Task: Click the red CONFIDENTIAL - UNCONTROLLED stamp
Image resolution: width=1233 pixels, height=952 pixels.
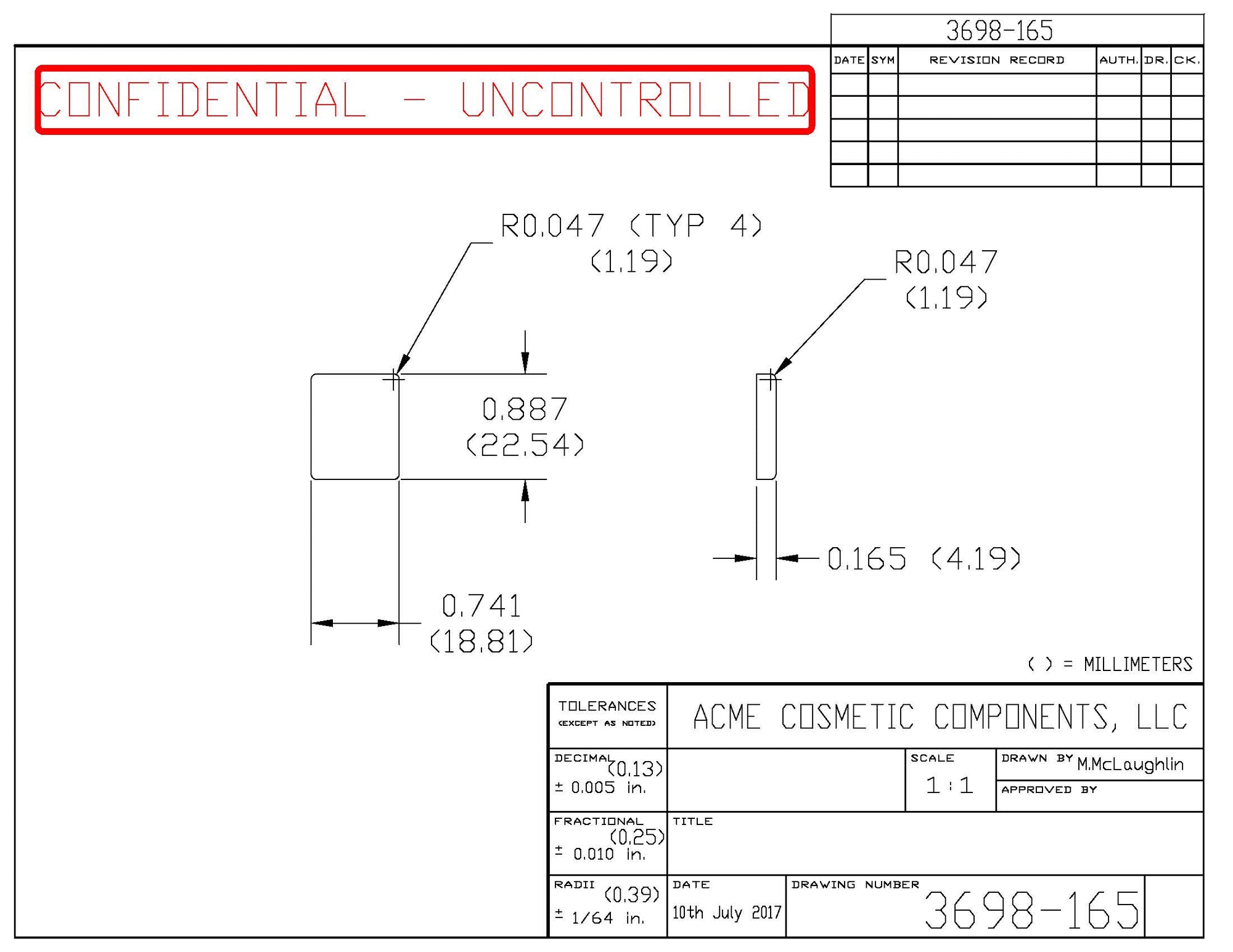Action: coord(424,99)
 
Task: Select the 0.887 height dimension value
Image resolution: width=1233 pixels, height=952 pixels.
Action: coord(525,409)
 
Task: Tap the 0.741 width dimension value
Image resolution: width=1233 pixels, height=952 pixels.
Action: coord(481,606)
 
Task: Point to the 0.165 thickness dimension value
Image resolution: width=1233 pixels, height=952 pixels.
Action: coord(866,559)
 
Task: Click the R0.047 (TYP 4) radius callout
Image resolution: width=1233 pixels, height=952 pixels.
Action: coord(631,226)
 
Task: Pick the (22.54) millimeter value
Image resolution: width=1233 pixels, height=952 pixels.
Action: coord(525,445)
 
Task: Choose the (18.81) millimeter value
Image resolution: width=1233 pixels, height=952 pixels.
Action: coord(481,642)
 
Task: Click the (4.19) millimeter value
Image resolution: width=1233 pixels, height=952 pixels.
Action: coord(976,559)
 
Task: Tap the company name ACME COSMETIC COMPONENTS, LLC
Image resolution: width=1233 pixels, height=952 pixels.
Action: coord(940,717)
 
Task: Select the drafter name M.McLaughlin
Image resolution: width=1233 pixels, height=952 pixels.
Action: coord(1130,765)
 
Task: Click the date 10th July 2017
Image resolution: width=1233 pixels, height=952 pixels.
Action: coord(726,913)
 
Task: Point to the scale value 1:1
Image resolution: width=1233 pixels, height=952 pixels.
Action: coord(949,786)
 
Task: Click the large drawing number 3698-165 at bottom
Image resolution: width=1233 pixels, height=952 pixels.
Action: coord(1031,911)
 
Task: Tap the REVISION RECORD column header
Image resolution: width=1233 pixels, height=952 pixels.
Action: coord(996,60)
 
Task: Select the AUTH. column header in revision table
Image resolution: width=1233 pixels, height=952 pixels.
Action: coord(1118,60)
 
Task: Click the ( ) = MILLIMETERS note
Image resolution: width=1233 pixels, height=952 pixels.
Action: coord(1110,664)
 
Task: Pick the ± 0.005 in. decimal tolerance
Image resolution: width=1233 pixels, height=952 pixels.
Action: coord(600,787)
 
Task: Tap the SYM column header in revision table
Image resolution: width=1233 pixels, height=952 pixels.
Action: coord(883,60)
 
